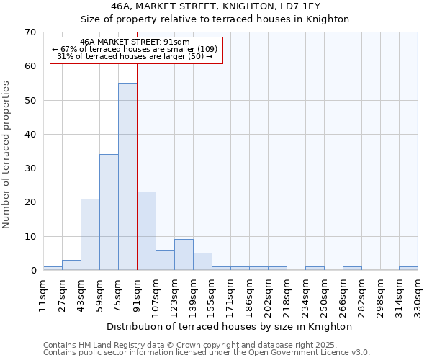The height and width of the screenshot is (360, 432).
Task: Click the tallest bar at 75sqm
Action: (x=127, y=176)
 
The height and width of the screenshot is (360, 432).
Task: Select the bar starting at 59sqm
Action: (x=109, y=212)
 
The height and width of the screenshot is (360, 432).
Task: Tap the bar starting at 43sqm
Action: (x=90, y=235)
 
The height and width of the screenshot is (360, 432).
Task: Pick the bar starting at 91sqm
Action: (x=146, y=231)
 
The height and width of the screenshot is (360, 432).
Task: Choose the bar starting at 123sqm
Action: (x=184, y=255)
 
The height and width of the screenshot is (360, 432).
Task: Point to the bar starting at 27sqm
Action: (x=71, y=265)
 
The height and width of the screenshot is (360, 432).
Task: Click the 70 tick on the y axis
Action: (x=30, y=32)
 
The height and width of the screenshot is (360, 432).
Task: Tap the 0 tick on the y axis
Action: (x=32, y=271)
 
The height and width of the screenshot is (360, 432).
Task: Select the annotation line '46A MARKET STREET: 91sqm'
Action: (x=135, y=42)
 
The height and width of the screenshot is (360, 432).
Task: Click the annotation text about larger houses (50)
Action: (x=135, y=56)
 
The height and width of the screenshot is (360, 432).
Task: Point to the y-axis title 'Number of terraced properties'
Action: (x=6, y=154)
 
